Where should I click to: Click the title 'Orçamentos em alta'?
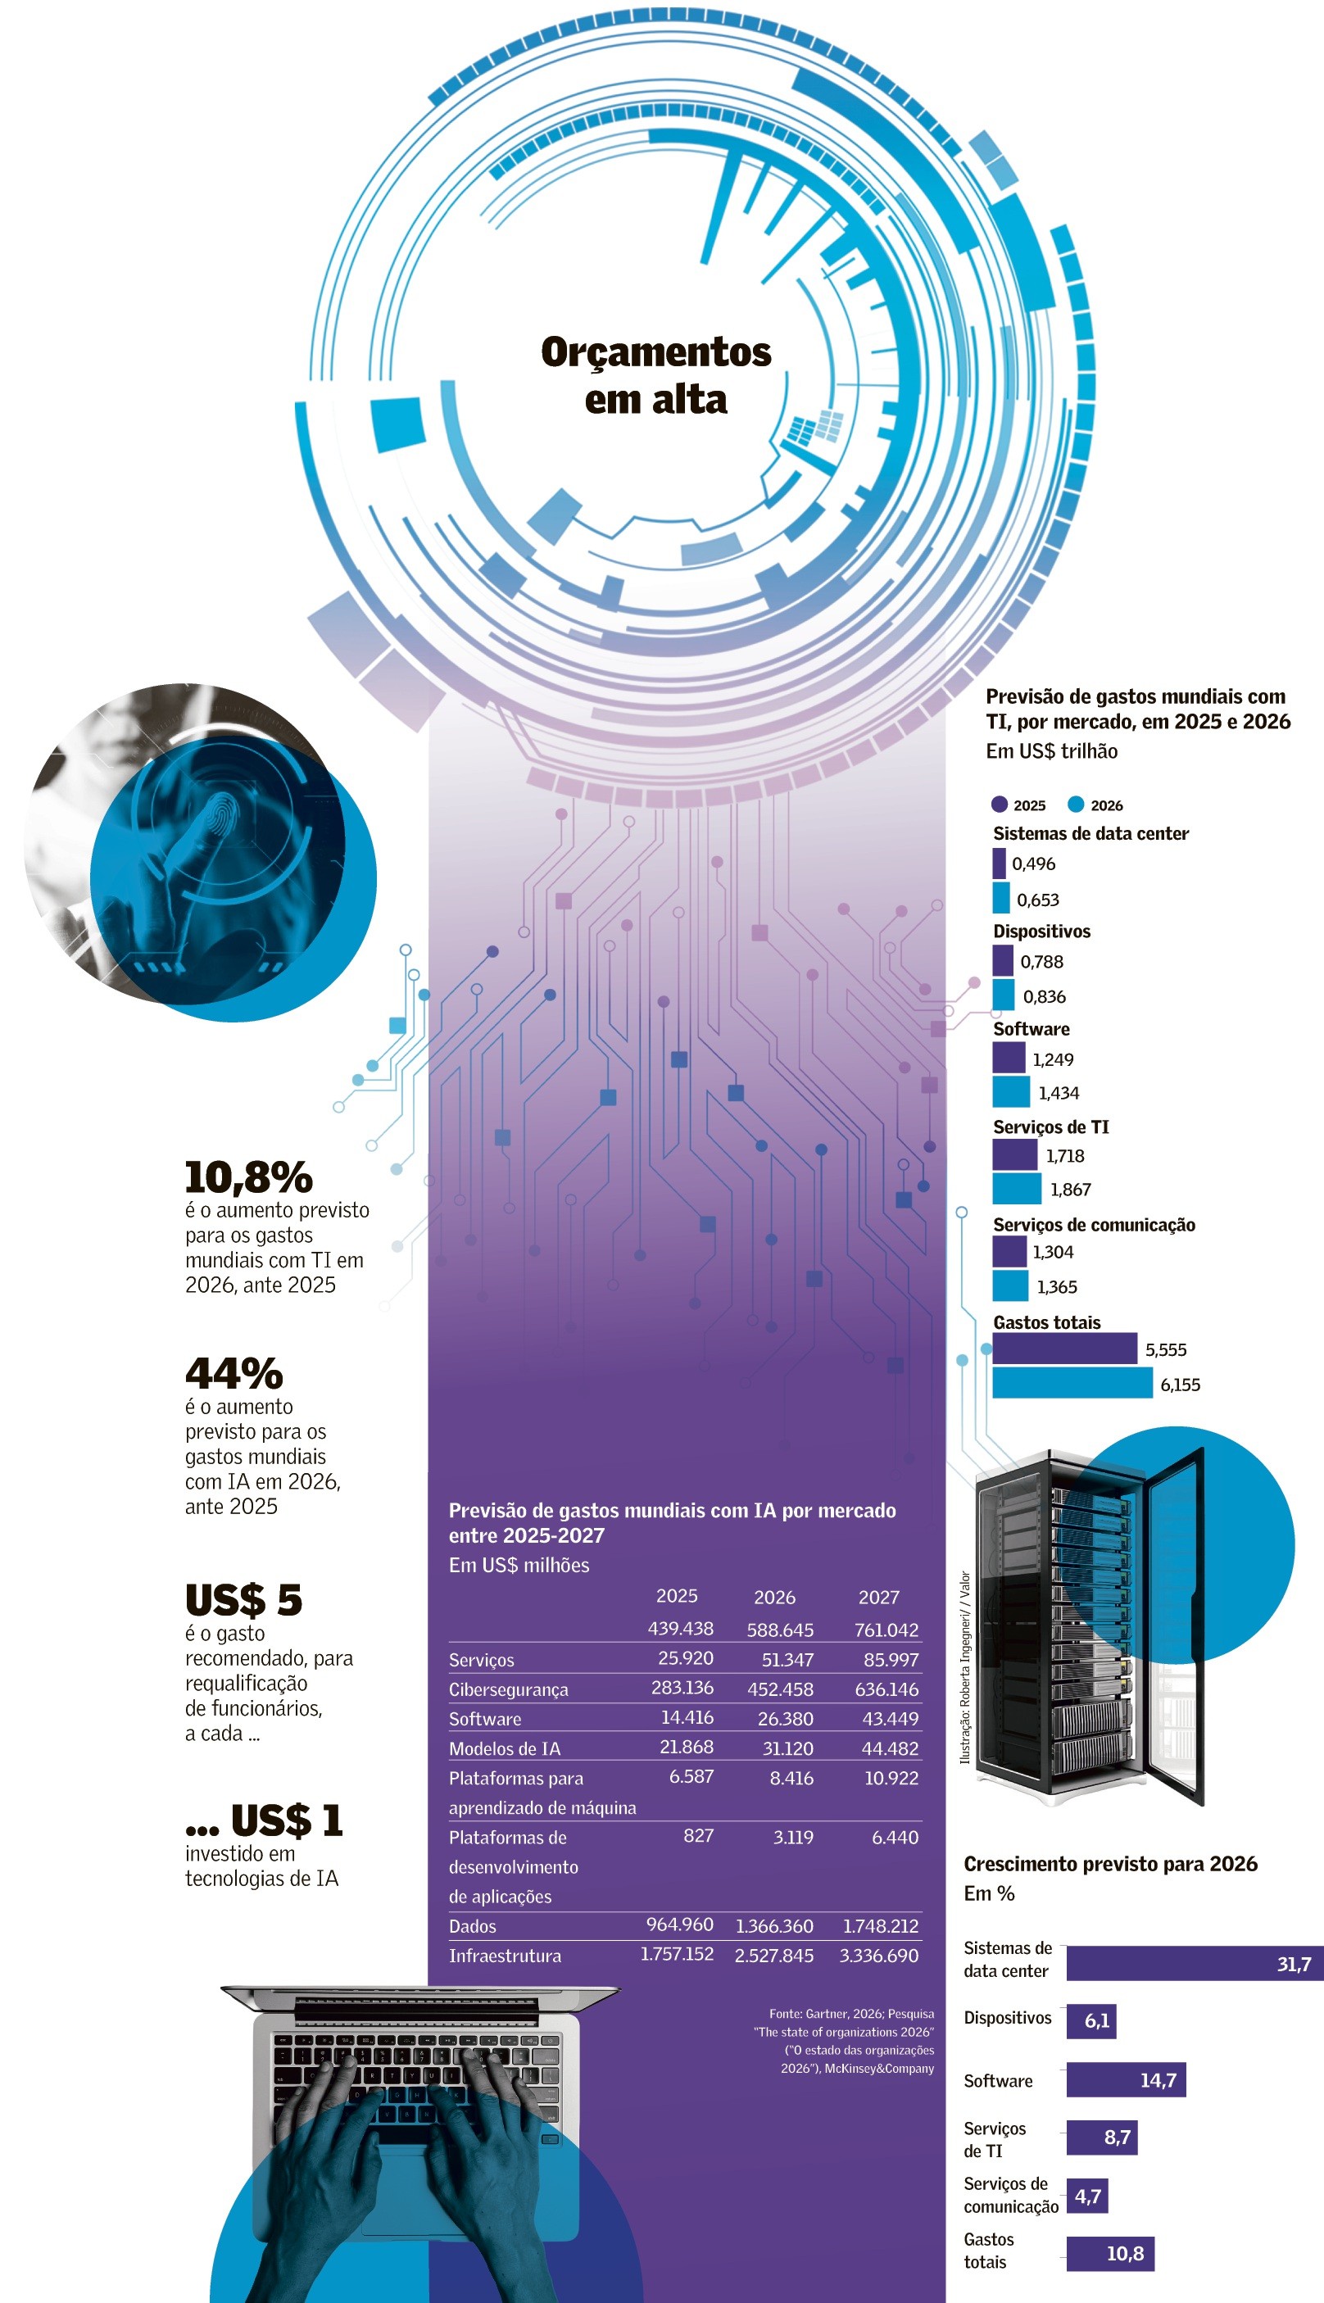pyautogui.click(x=655, y=375)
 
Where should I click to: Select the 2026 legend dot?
pyautogui.click(x=1076, y=804)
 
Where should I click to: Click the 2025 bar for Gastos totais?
pyautogui.click(x=1064, y=1349)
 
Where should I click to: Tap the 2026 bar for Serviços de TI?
pyautogui.click(x=1017, y=1188)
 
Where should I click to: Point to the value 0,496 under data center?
pyautogui.click(x=1033, y=864)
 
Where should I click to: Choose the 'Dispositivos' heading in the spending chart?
pyautogui.click(x=1041, y=931)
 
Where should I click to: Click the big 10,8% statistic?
pyautogui.click(x=248, y=1177)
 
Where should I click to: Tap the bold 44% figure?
pyautogui.click(x=234, y=1374)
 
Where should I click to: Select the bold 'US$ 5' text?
pyautogui.click(x=243, y=1600)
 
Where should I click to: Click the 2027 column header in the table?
pyautogui.click(x=878, y=1598)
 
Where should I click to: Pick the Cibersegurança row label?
pyautogui.click(x=508, y=1690)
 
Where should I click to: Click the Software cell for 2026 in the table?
pyautogui.click(x=786, y=1718)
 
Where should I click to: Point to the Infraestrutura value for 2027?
pyautogui.click(x=878, y=1955)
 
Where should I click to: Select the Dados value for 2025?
pyautogui.click(x=679, y=1924)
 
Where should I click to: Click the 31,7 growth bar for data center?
pyautogui.click(x=1195, y=1963)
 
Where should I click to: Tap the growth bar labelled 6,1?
pyautogui.click(x=1091, y=2020)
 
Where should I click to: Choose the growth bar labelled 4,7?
pyautogui.click(x=1086, y=2196)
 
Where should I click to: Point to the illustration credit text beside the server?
pyautogui.click(x=965, y=1667)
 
